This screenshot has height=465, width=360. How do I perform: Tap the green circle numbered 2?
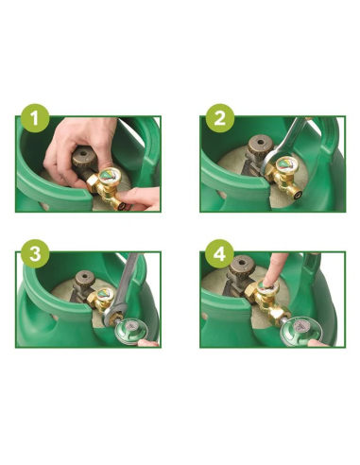point(220,120)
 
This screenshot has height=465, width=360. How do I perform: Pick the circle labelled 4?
point(220,254)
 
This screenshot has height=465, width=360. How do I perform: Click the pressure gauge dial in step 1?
point(109,176)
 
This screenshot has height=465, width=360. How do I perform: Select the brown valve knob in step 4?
point(243,270)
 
